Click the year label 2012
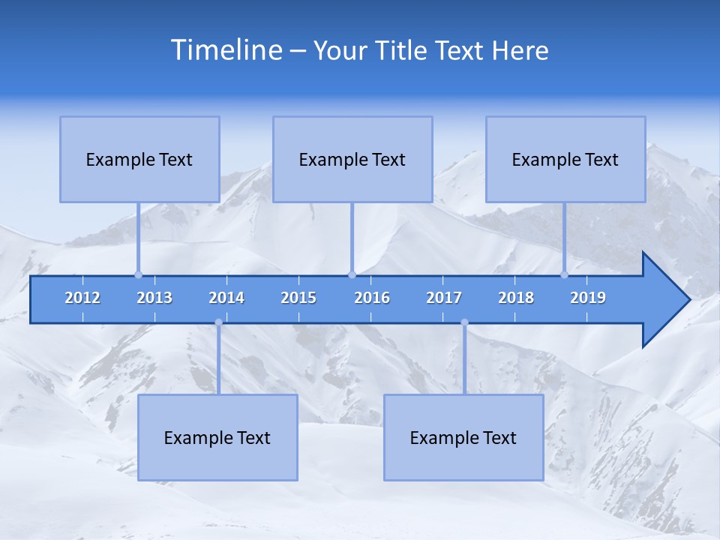tap(82, 298)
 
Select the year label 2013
tap(154, 298)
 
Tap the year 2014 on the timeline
tap(226, 298)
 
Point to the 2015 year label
tap(298, 298)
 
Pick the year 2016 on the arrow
tap(372, 298)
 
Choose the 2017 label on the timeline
tap(444, 298)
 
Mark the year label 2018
tap(516, 298)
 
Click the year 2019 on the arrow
tap(588, 298)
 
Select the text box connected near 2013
tap(139, 159)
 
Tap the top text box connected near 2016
tap(352, 159)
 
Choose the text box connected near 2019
tap(565, 159)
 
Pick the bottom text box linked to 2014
tap(217, 437)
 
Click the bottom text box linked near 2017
tap(463, 437)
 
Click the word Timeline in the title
tap(225, 50)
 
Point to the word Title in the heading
tap(403, 51)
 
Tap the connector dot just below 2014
tap(218, 322)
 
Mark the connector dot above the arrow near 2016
tap(352, 274)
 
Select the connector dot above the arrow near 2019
tap(564, 274)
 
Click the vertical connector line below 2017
tap(464, 360)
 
